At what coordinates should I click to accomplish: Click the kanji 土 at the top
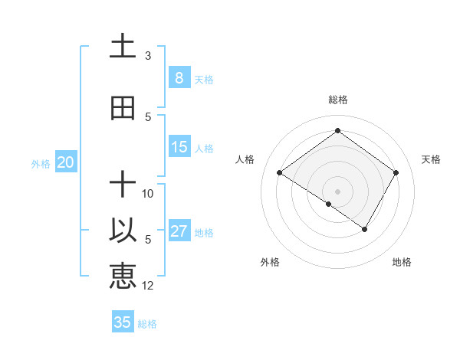(x=123, y=47)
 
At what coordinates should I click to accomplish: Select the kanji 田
(x=123, y=109)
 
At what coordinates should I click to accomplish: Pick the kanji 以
(x=123, y=231)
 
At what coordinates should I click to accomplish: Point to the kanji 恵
(x=123, y=275)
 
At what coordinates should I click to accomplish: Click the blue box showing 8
(x=179, y=78)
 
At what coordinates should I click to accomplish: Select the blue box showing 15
(x=179, y=147)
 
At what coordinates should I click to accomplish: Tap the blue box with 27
(x=179, y=231)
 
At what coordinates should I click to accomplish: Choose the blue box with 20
(x=66, y=162)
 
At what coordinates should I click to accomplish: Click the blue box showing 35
(x=123, y=322)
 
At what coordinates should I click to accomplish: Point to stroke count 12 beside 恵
(x=148, y=286)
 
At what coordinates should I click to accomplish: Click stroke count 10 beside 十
(x=148, y=194)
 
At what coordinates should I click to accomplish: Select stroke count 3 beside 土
(x=148, y=56)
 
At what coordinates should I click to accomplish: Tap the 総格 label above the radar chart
(x=337, y=100)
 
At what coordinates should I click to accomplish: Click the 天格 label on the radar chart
(x=431, y=159)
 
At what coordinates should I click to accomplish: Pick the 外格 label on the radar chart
(x=269, y=262)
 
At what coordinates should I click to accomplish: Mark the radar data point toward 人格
(x=279, y=173)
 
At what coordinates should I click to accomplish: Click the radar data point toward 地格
(x=365, y=229)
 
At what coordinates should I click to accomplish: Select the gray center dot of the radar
(x=337, y=191)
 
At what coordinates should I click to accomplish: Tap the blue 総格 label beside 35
(x=147, y=324)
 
